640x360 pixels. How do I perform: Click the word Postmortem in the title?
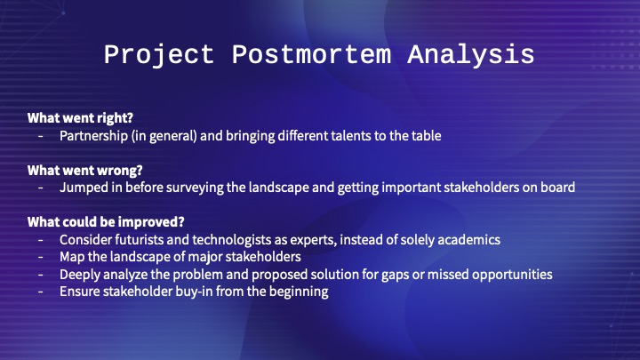(x=311, y=55)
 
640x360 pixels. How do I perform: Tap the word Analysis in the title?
(x=471, y=55)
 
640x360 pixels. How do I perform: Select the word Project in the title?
(x=159, y=55)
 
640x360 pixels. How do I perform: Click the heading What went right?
(x=80, y=118)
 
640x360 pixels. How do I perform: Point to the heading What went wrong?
(x=85, y=170)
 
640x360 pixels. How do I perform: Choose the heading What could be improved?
(x=106, y=222)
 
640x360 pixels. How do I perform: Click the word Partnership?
(x=94, y=136)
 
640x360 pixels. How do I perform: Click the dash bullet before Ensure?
(x=40, y=292)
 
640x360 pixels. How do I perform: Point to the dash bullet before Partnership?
(x=40, y=136)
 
